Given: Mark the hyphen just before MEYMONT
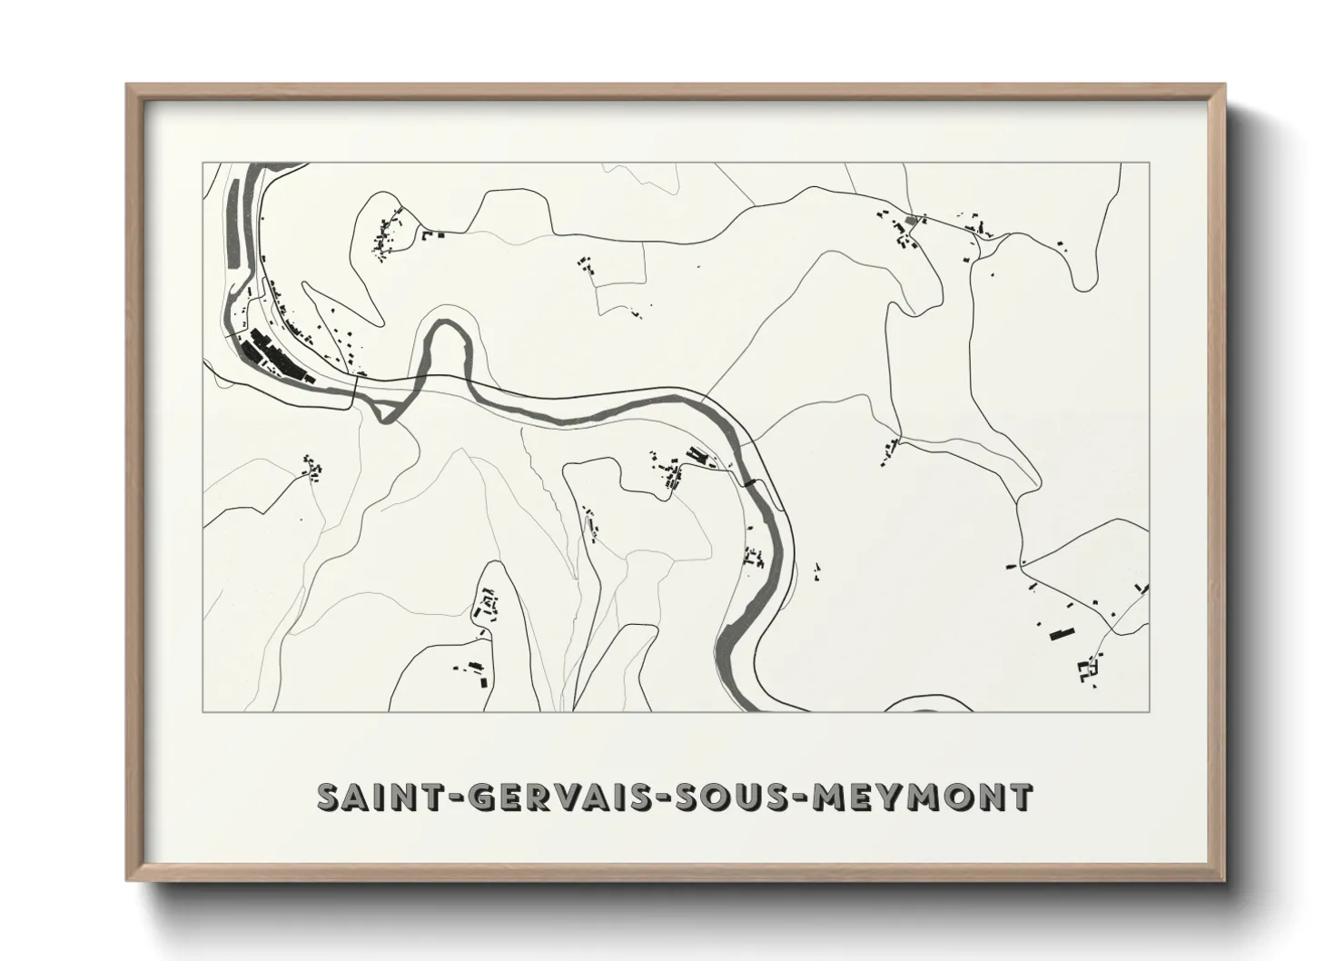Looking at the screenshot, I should pyautogui.click(x=799, y=798).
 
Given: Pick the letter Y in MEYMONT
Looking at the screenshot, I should pyautogui.click(x=890, y=797).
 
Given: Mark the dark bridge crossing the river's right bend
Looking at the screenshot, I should pyautogui.click(x=750, y=483).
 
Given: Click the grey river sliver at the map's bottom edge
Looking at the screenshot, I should pyautogui.click(x=917, y=704).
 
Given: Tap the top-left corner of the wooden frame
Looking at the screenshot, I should pyautogui.click(x=128, y=86).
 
